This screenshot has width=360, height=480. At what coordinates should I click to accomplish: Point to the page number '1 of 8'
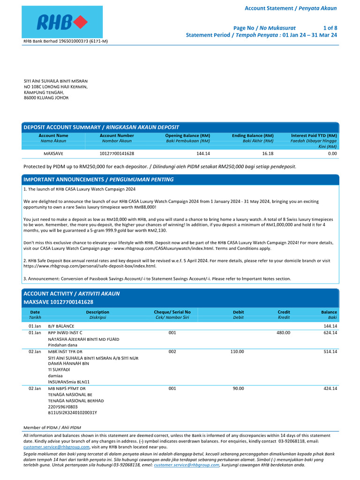(330, 28)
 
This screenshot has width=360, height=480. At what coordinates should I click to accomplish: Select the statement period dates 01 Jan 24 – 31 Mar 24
(310, 35)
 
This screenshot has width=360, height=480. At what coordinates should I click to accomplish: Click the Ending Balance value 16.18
(268, 153)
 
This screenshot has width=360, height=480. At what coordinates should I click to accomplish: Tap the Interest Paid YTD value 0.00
(332, 153)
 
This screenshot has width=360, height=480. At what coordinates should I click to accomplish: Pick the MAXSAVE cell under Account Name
(53, 153)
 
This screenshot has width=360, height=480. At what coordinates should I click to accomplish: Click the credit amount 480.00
(284, 332)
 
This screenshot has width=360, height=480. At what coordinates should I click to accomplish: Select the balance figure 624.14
(329, 332)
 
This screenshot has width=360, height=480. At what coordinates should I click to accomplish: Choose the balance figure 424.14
(329, 389)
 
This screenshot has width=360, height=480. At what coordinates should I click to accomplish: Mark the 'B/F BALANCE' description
(61, 326)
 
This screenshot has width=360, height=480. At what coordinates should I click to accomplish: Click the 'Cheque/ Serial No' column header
(172, 312)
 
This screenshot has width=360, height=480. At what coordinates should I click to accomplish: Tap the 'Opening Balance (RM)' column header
(187, 135)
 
